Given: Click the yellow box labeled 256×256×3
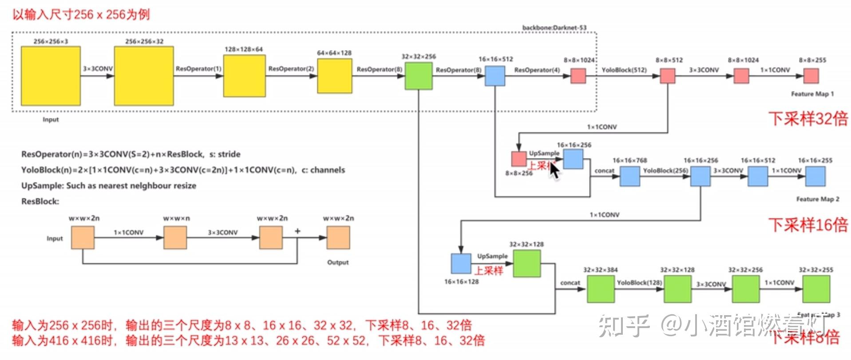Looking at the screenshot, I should pos(51,76).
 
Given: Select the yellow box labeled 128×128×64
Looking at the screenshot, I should pos(244,76).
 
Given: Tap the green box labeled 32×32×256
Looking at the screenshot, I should pos(418,76).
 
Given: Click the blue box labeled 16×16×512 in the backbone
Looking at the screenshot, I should pos(495,76).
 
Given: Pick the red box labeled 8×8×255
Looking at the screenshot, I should pos(811,76).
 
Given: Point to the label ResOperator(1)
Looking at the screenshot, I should pos(198,69).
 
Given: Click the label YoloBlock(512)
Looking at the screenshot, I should pos(624,70).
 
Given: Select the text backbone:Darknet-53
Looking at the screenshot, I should pos(554,28).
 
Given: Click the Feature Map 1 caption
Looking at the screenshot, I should pos(812,94).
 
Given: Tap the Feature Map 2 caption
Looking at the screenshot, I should pos(817,199).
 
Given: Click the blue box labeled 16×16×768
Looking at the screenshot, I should pos(629,176).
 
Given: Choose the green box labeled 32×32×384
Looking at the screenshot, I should pos(601,289).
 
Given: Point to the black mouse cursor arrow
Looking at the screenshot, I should pos(554,170).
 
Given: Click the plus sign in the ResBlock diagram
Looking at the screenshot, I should pos(297,231).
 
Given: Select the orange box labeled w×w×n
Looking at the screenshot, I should pos(175,237).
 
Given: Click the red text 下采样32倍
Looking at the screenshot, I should pos(808,119).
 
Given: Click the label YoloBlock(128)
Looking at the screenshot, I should pos(639,283).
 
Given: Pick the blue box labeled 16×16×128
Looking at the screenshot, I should pos(461,263).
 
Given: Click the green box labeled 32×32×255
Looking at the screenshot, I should pos(816,289).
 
